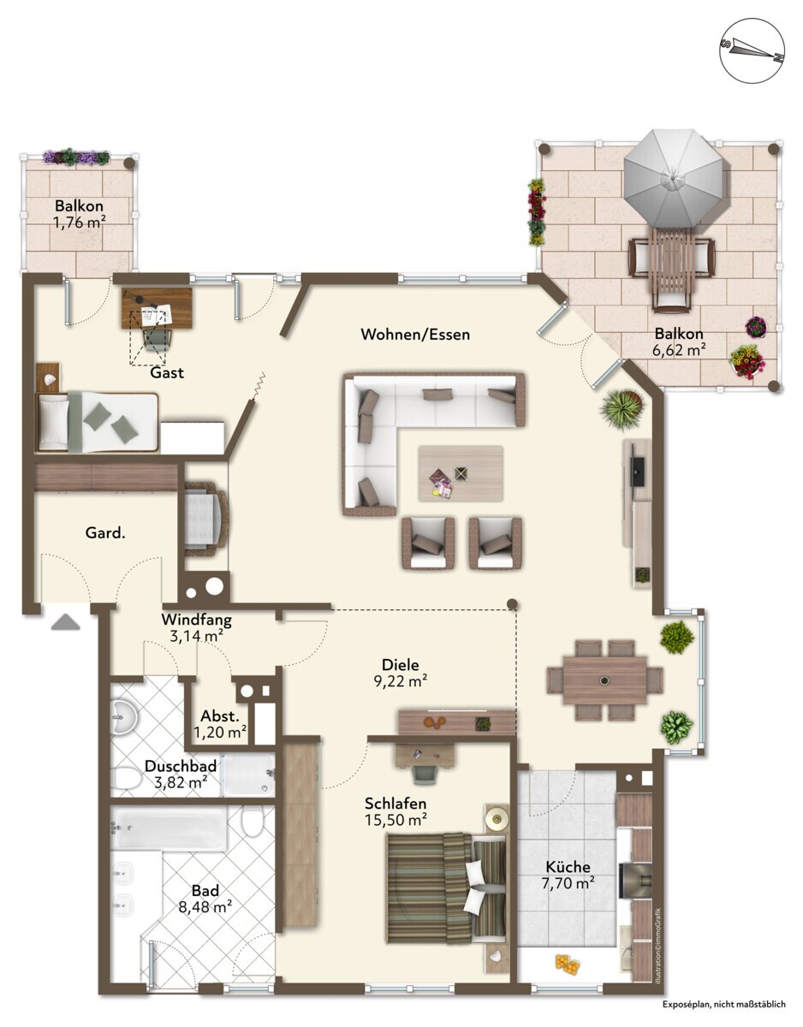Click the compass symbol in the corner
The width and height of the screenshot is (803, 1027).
click(x=752, y=51)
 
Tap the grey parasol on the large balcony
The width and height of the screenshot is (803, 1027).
click(x=673, y=180)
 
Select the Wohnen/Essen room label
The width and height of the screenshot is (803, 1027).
click(x=415, y=334)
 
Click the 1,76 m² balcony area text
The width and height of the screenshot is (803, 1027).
click(x=80, y=223)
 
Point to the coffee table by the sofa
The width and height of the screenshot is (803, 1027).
click(x=461, y=473)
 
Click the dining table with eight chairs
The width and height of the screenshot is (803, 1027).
click(x=605, y=680)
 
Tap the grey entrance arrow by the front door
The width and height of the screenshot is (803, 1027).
click(x=65, y=621)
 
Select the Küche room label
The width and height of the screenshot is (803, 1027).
click(x=568, y=867)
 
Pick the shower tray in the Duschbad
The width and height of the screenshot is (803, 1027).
click(x=247, y=775)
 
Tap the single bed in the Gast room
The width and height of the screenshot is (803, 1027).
click(x=98, y=422)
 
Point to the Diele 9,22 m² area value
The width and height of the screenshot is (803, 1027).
click(x=401, y=681)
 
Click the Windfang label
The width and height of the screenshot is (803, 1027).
click(x=197, y=619)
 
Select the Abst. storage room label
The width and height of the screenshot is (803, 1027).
click(x=220, y=715)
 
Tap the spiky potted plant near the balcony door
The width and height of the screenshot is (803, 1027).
click(x=622, y=409)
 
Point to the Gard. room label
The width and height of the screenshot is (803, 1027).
click(x=105, y=533)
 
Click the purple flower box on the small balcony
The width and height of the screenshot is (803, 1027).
click(x=76, y=157)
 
